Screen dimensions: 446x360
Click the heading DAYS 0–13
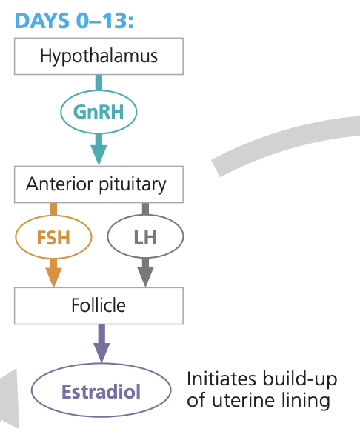tap(73, 20)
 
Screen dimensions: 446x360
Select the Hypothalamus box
tap(99, 56)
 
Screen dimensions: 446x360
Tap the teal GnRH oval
tap(99, 111)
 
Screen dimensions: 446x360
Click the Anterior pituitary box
tap(99, 184)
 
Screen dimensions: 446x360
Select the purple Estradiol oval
tap(101, 390)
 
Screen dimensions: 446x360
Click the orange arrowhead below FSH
tap(53, 275)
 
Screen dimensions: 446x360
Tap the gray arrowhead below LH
tap(145, 275)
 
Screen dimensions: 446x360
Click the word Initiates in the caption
tap(220, 379)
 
